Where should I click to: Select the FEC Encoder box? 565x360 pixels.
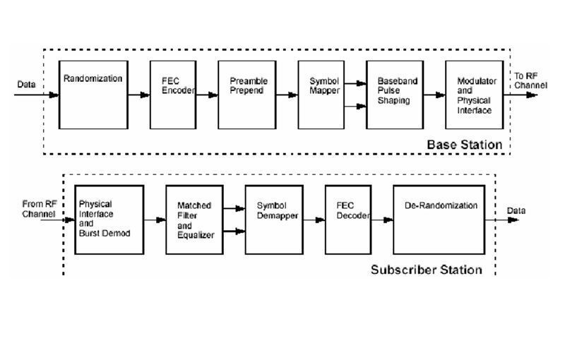172,95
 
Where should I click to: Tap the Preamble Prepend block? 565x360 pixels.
245,95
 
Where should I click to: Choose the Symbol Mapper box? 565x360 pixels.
324,95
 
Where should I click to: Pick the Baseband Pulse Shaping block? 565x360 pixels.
397,95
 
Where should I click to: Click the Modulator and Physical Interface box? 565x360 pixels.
475,95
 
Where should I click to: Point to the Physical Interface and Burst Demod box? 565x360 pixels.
109,220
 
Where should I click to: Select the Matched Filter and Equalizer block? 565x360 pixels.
194,220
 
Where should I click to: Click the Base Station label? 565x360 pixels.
464,145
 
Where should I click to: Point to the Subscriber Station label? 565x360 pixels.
426,270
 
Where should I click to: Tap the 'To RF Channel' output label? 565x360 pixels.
530,80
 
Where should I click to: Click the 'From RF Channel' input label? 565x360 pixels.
38,208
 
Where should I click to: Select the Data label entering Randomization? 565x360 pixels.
27,85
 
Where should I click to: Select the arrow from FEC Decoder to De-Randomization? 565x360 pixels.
382,220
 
